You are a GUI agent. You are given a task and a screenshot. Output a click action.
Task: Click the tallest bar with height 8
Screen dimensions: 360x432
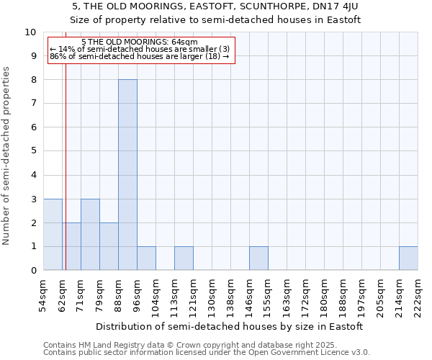coord(127,175)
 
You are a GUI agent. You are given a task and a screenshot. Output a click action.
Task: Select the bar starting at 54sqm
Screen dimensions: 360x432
coord(53,235)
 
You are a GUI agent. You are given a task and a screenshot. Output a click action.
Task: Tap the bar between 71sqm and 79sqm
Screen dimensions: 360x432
coord(90,235)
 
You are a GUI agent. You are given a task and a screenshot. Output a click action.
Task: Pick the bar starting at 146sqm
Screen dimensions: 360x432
coord(258,258)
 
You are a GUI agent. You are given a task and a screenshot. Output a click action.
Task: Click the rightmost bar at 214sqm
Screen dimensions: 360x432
coord(408,258)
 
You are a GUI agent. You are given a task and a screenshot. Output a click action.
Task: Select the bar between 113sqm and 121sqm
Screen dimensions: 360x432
coord(184,258)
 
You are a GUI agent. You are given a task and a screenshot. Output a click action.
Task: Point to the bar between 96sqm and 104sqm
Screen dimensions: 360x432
coord(146,258)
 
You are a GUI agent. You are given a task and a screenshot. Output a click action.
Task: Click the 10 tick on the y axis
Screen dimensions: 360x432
coord(30,32)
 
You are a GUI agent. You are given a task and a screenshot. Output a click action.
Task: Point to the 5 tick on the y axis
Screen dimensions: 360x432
coord(33,151)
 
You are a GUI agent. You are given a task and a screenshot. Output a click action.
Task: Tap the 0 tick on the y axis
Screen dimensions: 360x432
coord(33,271)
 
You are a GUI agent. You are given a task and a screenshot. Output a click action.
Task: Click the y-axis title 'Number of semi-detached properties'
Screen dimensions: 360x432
coord(7,156)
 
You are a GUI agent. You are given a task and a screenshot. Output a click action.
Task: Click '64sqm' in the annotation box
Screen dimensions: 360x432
coord(175,42)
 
